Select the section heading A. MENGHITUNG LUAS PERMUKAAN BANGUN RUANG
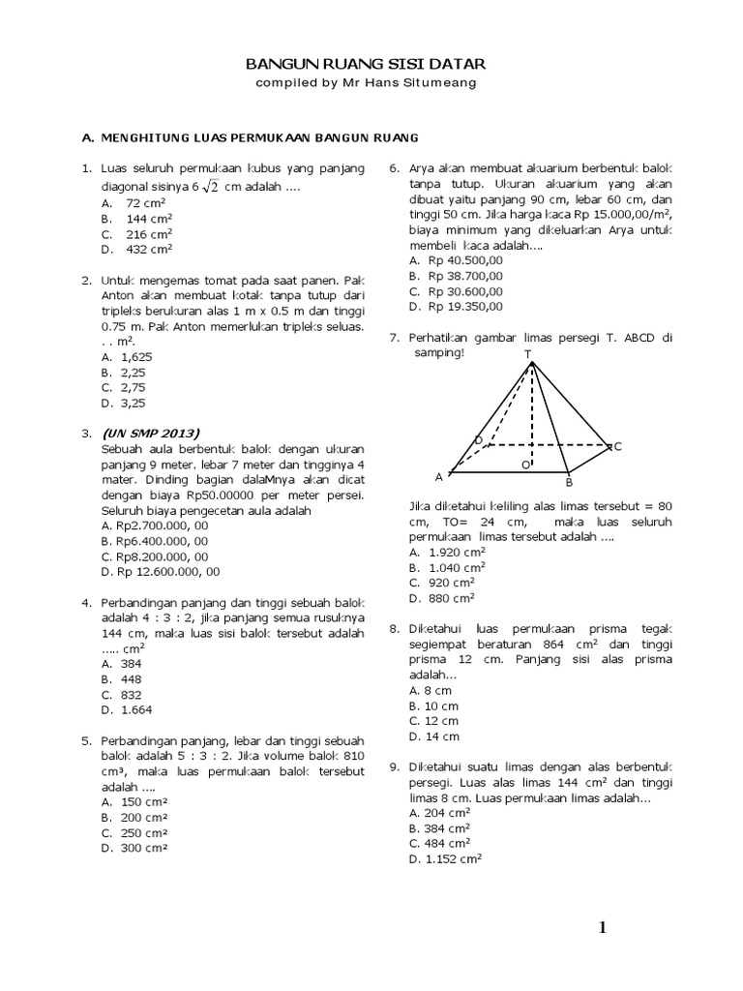[250, 137]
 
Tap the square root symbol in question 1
[211, 186]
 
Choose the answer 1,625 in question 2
[136, 356]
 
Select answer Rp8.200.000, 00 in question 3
[155, 556]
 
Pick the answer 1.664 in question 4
[135, 709]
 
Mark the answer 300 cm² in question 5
[144, 848]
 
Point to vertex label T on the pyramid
[528, 354]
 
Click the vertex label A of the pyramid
[438, 477]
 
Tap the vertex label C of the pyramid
[617, 446]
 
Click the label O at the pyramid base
[526, 465]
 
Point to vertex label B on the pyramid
[570, 482]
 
